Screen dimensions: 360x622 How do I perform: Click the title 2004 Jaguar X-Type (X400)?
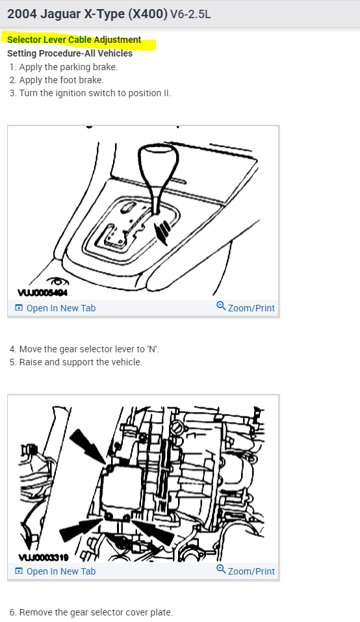coord(87,14)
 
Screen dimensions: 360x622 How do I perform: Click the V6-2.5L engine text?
coord(190,15)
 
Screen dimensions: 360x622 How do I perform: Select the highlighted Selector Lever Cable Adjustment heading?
coord(74,40)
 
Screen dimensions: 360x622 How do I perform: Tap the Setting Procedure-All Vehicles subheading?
coord(70,53)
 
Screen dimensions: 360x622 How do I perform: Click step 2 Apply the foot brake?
coord(57,80)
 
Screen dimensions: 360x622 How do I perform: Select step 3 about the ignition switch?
coord(90,93)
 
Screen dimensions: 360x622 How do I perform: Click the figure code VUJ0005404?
coord(42,292)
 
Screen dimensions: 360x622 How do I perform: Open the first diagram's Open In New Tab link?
coord(55,308)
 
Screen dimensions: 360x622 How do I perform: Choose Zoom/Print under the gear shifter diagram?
coord(246,307)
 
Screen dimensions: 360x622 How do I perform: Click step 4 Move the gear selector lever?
coord(84,350)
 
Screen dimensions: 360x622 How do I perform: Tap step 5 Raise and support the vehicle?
coord(76,363)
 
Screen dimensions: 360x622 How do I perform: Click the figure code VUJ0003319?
coord(44,558)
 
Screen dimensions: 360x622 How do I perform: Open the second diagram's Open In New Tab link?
coord(55,571)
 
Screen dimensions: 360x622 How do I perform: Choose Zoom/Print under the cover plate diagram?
coord(246,571)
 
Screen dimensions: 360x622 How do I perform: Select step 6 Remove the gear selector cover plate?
coord(91,612)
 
